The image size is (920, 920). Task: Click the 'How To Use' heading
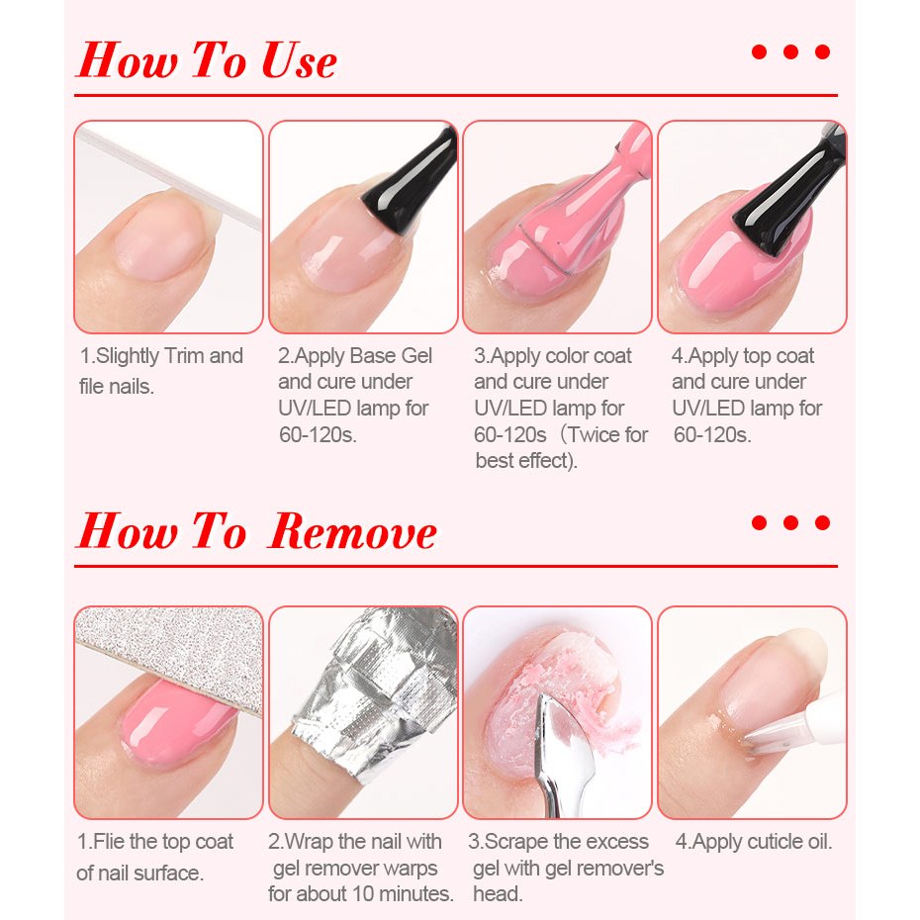tap(207, 60)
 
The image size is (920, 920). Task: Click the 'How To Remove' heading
tap(256, 531)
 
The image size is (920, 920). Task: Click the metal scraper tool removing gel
tap(558, 756)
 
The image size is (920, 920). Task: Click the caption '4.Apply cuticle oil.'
tap(754, 842)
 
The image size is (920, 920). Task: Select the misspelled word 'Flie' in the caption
tap(108, 842)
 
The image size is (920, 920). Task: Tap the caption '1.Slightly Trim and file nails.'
tap(161, 371)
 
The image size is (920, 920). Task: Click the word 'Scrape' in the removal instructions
tap(516, 842)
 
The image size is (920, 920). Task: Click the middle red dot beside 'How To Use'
tap(791, 52)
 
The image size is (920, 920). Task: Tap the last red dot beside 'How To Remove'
tap(823, 522)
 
